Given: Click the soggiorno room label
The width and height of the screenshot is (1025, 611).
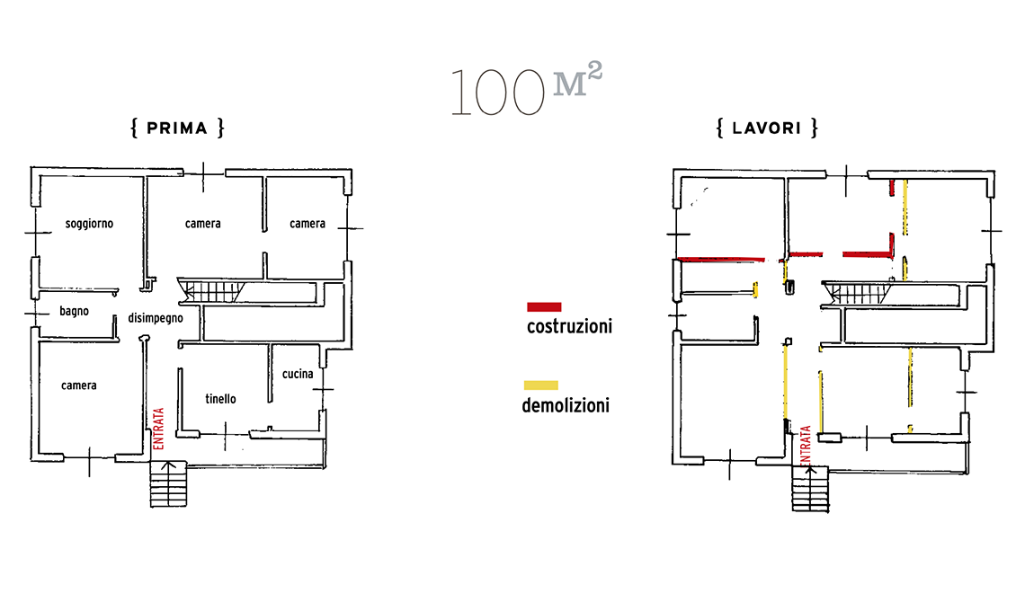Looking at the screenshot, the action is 89,224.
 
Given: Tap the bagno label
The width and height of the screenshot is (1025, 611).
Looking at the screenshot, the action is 74,311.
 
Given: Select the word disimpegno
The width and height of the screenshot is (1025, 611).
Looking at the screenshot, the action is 155,318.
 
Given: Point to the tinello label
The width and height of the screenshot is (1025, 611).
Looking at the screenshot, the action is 220,399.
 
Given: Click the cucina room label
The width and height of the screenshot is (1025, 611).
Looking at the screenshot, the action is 298,374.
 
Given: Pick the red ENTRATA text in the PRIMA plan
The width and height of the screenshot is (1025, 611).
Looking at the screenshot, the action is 158,429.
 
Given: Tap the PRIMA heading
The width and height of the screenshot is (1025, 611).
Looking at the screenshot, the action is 177,128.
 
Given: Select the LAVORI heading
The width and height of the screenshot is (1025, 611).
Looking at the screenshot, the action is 767,128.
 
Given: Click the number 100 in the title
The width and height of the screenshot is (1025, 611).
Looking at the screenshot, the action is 497,93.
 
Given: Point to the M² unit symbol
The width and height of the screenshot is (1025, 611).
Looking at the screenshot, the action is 577,80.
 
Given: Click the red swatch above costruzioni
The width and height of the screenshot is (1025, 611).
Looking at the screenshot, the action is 544,307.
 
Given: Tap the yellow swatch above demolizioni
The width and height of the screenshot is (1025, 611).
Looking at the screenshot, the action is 540,385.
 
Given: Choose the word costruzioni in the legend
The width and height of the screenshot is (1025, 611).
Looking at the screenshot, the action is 569,326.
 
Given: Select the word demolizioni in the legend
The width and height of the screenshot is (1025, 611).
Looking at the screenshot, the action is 566,406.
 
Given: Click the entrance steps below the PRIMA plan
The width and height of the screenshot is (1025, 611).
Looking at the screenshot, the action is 169,483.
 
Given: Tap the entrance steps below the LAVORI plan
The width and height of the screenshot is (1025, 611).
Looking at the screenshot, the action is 811,488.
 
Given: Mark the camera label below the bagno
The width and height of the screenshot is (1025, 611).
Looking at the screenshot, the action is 79,385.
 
